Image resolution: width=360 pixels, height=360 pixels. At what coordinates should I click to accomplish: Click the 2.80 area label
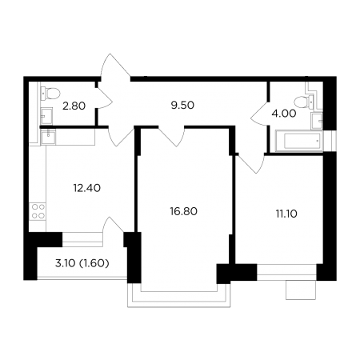tap(74, 106)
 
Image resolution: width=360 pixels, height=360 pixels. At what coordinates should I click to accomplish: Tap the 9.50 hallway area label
tap(182, 106)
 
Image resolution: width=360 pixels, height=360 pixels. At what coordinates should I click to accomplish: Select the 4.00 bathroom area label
tap(284, 114)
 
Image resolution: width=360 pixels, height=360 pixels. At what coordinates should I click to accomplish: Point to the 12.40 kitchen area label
tap(87, 188)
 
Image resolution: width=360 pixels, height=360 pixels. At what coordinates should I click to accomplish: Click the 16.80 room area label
tap(184, 211)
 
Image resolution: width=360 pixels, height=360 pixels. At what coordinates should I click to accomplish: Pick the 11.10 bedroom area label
tap(286, 214)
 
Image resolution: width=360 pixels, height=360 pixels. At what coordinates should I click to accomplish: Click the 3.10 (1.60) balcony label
tap(82, 263)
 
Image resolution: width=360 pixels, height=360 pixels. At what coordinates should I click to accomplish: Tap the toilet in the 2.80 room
tap(50, 94)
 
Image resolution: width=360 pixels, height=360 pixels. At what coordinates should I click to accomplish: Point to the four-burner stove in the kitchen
tap(38, 211)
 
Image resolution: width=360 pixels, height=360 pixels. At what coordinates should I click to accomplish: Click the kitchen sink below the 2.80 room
tap(48, 137)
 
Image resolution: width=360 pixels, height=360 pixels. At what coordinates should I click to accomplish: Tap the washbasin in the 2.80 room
tap(46, 116)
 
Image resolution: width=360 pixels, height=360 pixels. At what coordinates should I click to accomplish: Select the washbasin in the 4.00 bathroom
tap(317, 121)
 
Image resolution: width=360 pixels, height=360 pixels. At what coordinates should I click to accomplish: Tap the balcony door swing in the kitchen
tap(113, 225)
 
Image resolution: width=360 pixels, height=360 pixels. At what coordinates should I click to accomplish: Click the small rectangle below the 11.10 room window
tap(301, 290)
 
